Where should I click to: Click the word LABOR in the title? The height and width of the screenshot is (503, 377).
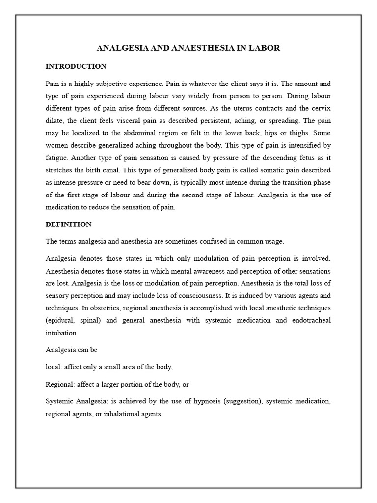[x=266, y=48]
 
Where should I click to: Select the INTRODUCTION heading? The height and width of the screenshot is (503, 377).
[x=76, y=66]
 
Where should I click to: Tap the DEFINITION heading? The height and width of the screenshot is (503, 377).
[x=68, y=224]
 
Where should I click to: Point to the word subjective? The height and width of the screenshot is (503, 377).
[x=117, y=84]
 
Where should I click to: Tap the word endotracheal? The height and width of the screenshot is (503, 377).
[x=310, y=320]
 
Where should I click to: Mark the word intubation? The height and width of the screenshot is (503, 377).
[x=61, y=333]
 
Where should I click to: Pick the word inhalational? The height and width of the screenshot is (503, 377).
[x=120, y=414]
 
